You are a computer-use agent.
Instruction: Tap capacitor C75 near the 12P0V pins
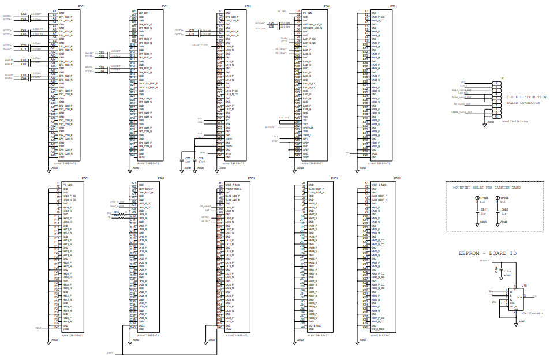click(x=187, y=157)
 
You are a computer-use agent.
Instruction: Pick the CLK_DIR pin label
click(x=143, y=12)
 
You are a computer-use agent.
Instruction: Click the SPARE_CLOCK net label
click(x=200, y=44)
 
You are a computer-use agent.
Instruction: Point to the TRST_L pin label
click(x=307, y=134)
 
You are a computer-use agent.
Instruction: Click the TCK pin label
click(x=305, y=117)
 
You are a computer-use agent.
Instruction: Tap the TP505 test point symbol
click(x=476, y=198)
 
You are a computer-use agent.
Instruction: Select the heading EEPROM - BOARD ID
click(x=488, y=253)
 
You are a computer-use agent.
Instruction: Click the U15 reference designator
click(x=523, y=286)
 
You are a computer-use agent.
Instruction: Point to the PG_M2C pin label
click(x=67, y=185)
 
